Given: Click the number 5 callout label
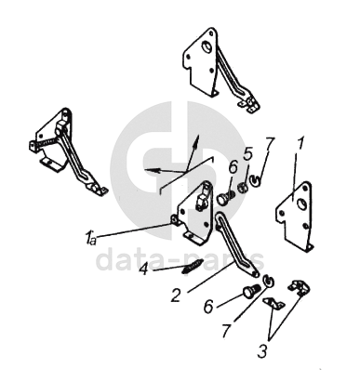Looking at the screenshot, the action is click(x=247, y=154).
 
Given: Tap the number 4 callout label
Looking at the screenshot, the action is click(x=144, y=269).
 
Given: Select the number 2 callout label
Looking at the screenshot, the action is click(x=176, y=296).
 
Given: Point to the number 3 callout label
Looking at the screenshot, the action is click(x=262, y=351).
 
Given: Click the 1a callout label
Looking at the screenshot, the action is click(x=90, y=238).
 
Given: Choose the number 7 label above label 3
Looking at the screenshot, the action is click(x=227, y=332).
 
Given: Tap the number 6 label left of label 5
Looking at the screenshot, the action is click(x=233, y=167).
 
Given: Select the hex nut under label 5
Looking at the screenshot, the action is click(x=242, y=188).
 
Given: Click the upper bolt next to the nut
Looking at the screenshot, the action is click(x=225, y=198).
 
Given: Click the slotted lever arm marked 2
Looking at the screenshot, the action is click(x=236, y=243).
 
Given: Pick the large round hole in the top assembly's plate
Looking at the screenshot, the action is click(x=207, y=46).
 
